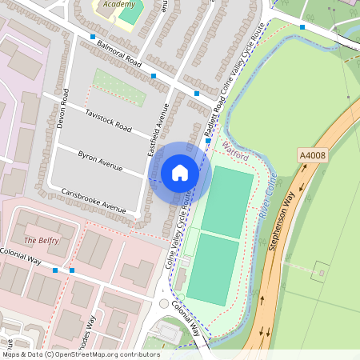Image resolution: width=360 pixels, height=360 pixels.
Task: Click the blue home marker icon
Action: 180,173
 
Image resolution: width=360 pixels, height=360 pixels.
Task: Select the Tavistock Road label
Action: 108,121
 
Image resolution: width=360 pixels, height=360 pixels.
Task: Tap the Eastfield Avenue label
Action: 155,130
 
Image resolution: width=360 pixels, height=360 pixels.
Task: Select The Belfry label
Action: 42,240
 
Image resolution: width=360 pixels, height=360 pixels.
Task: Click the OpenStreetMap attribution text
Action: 80,354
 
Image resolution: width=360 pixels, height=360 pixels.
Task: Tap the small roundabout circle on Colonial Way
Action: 164,304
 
